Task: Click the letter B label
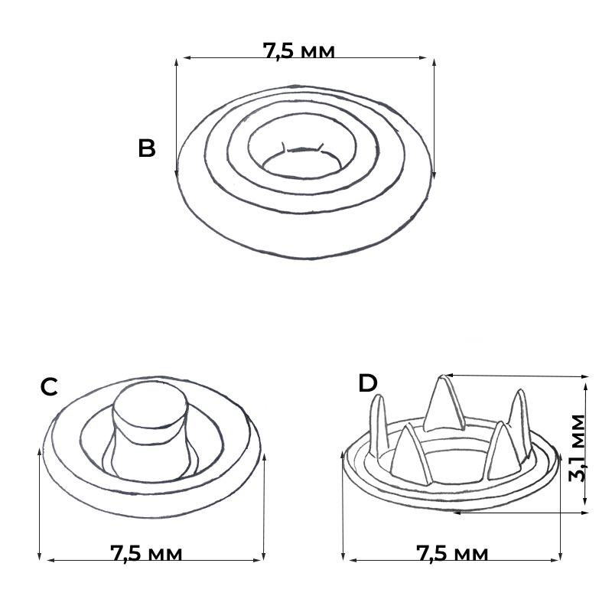click(x=147, y=148)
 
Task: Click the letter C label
click(x=49, y=387)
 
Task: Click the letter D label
click(x=368, y=383)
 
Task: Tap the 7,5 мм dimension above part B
click(x=298, y=50)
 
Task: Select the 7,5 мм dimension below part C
click(x=146, y=553)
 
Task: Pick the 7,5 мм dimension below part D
click(x=452, y=553)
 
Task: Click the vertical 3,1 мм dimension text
click(x=578, y=448)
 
